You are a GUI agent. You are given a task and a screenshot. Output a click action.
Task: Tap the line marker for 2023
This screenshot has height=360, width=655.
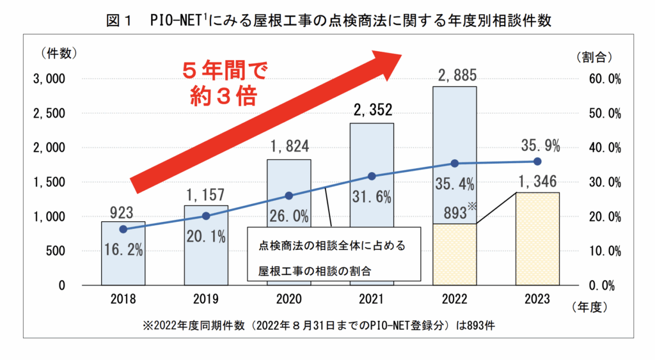coord(537,162)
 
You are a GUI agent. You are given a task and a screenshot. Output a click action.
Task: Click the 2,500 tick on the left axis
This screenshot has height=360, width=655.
coord(49,113)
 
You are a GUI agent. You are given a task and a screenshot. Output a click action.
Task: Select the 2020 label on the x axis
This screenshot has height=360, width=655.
coord(288,299)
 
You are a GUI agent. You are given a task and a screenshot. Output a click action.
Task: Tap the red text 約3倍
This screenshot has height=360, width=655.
coord(224,95)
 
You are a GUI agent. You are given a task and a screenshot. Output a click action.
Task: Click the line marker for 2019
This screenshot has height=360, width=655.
coord(206,216)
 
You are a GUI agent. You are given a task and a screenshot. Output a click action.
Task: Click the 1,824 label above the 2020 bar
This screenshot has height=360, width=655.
coord(288,148)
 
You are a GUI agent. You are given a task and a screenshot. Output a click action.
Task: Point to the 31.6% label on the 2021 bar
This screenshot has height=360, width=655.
coord(372,197)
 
